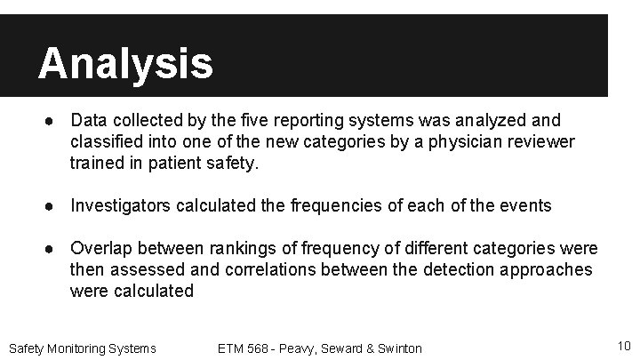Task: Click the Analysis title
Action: tap(125, 63)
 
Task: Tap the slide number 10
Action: tap(622, 346)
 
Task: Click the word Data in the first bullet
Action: tap(88, 119)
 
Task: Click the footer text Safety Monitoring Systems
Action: tap(82, 348)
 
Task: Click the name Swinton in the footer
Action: tap(399, 348)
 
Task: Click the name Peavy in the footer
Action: tap(306, 348)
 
